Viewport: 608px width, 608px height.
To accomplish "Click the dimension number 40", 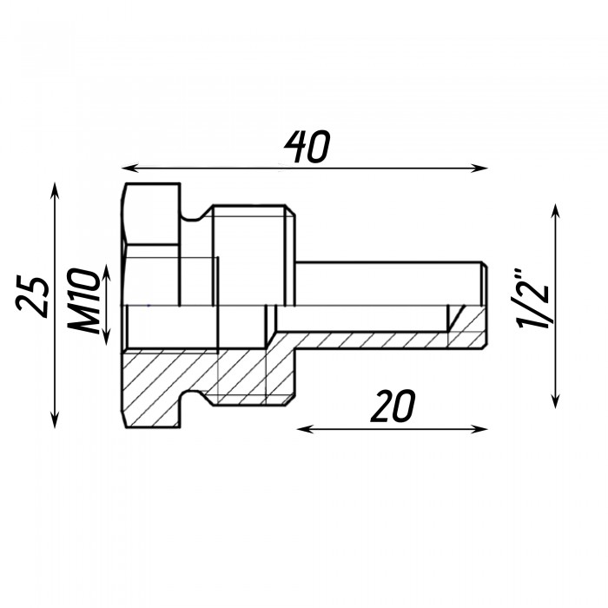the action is point(307,147).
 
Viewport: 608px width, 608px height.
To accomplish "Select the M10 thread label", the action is point(83,301).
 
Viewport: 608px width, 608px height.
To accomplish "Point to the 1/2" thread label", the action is point(533,298).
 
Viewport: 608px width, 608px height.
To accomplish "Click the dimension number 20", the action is point(393,406).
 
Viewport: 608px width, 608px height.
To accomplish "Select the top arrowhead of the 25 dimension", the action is point(55,191).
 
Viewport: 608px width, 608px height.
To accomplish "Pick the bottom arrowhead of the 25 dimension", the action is point(55,420).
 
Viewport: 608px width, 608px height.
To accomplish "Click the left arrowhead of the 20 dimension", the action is point(305,429).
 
